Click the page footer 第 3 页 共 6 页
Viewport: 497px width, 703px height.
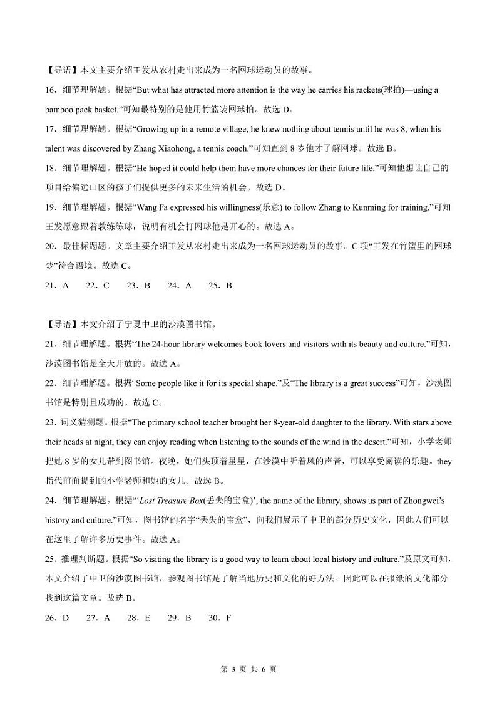pyautogui.click(x=248, y=669)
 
